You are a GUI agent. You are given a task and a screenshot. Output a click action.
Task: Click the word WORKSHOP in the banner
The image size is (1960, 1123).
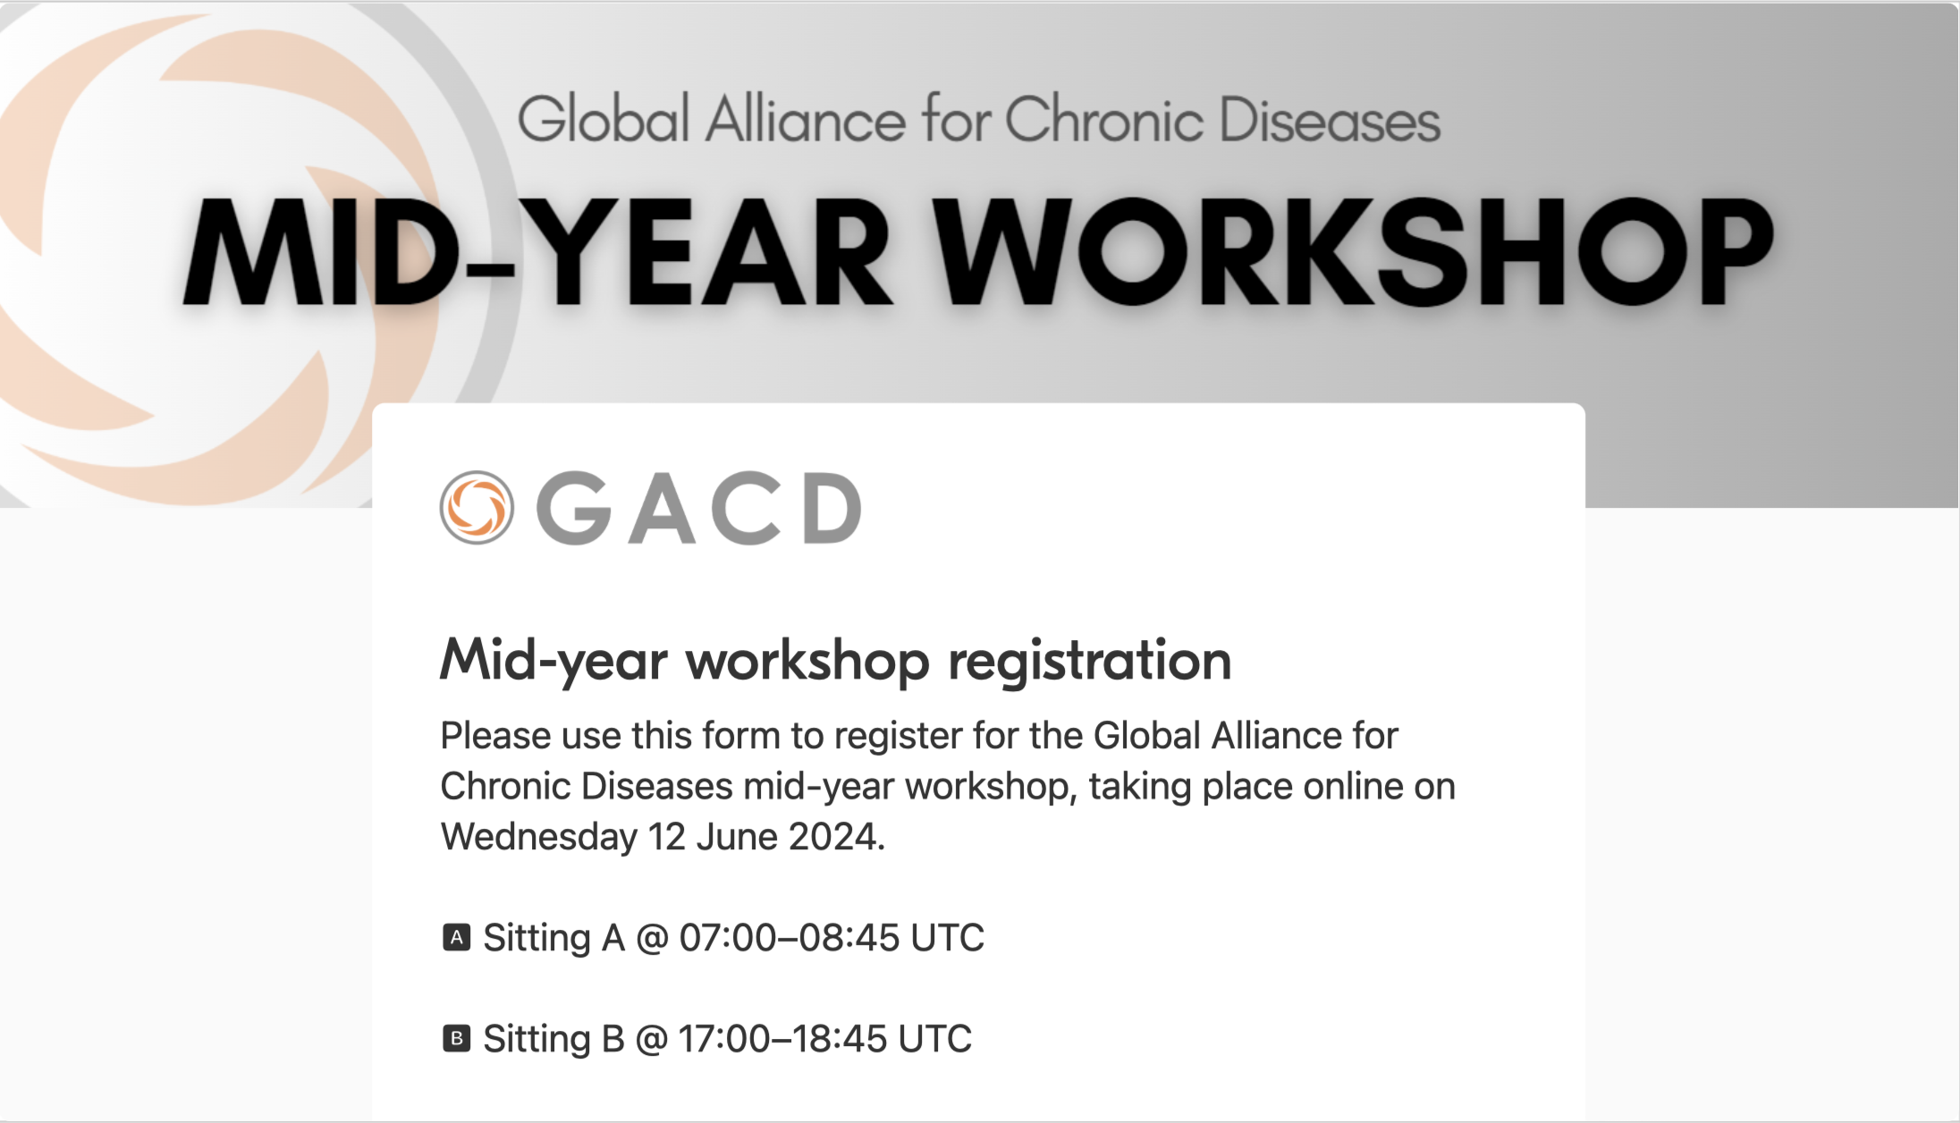pos(1356,251)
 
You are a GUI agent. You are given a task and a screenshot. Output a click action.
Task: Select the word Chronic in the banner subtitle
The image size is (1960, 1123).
pos(1104,120)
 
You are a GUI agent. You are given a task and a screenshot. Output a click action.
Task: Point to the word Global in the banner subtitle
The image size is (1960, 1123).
pos(604,120)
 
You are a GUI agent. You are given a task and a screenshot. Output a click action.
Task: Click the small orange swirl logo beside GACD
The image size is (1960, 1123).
pos(477,508)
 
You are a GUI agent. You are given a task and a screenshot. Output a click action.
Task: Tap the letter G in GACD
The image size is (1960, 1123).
pos(573,508)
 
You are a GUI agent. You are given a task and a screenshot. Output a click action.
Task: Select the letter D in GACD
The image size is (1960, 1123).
pos(832,508)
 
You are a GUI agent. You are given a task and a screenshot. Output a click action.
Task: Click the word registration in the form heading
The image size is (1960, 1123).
pos(1089,663)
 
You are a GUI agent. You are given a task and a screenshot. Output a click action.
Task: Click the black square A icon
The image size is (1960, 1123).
pos(457,938)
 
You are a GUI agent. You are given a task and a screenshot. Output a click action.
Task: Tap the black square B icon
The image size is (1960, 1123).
pos(457,1039)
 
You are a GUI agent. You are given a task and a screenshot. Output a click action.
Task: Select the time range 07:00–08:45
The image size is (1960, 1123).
pos(790,938)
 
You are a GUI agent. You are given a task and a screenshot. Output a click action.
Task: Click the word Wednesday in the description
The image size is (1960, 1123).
pos(539,838)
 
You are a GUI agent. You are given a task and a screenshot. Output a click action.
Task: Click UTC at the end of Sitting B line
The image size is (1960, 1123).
pos(934,1039)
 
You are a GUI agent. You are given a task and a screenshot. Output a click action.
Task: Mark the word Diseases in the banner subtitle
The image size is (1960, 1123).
pos(1331,120)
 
